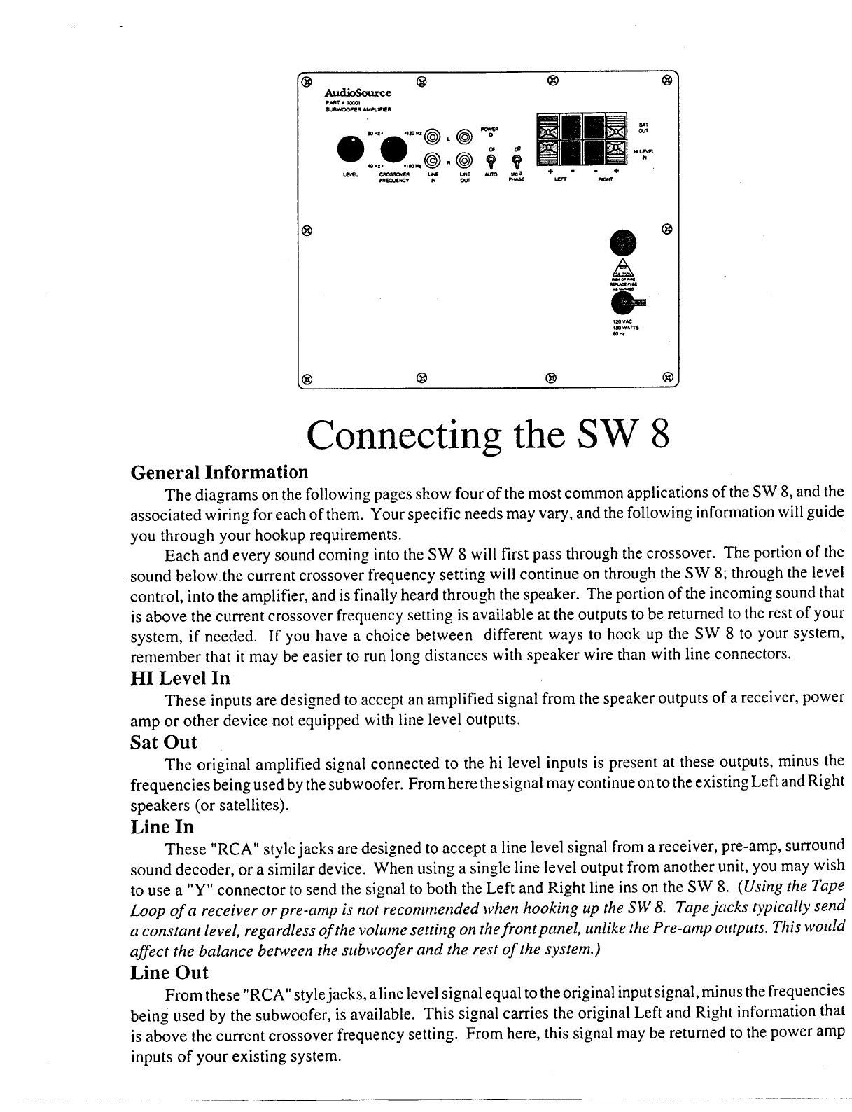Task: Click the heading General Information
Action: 219,472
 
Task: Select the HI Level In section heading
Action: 180,679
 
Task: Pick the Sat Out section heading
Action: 164,742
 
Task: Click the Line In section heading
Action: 162,826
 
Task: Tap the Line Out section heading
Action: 169,972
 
